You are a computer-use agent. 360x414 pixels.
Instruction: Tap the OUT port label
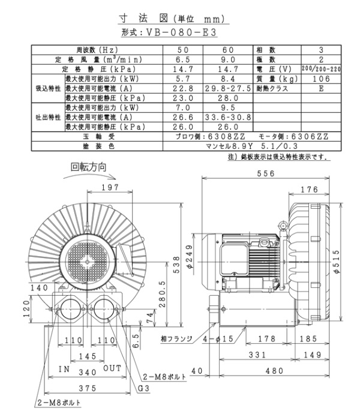coord(112,367)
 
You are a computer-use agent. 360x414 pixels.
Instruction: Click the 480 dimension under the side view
coord(275,371)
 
